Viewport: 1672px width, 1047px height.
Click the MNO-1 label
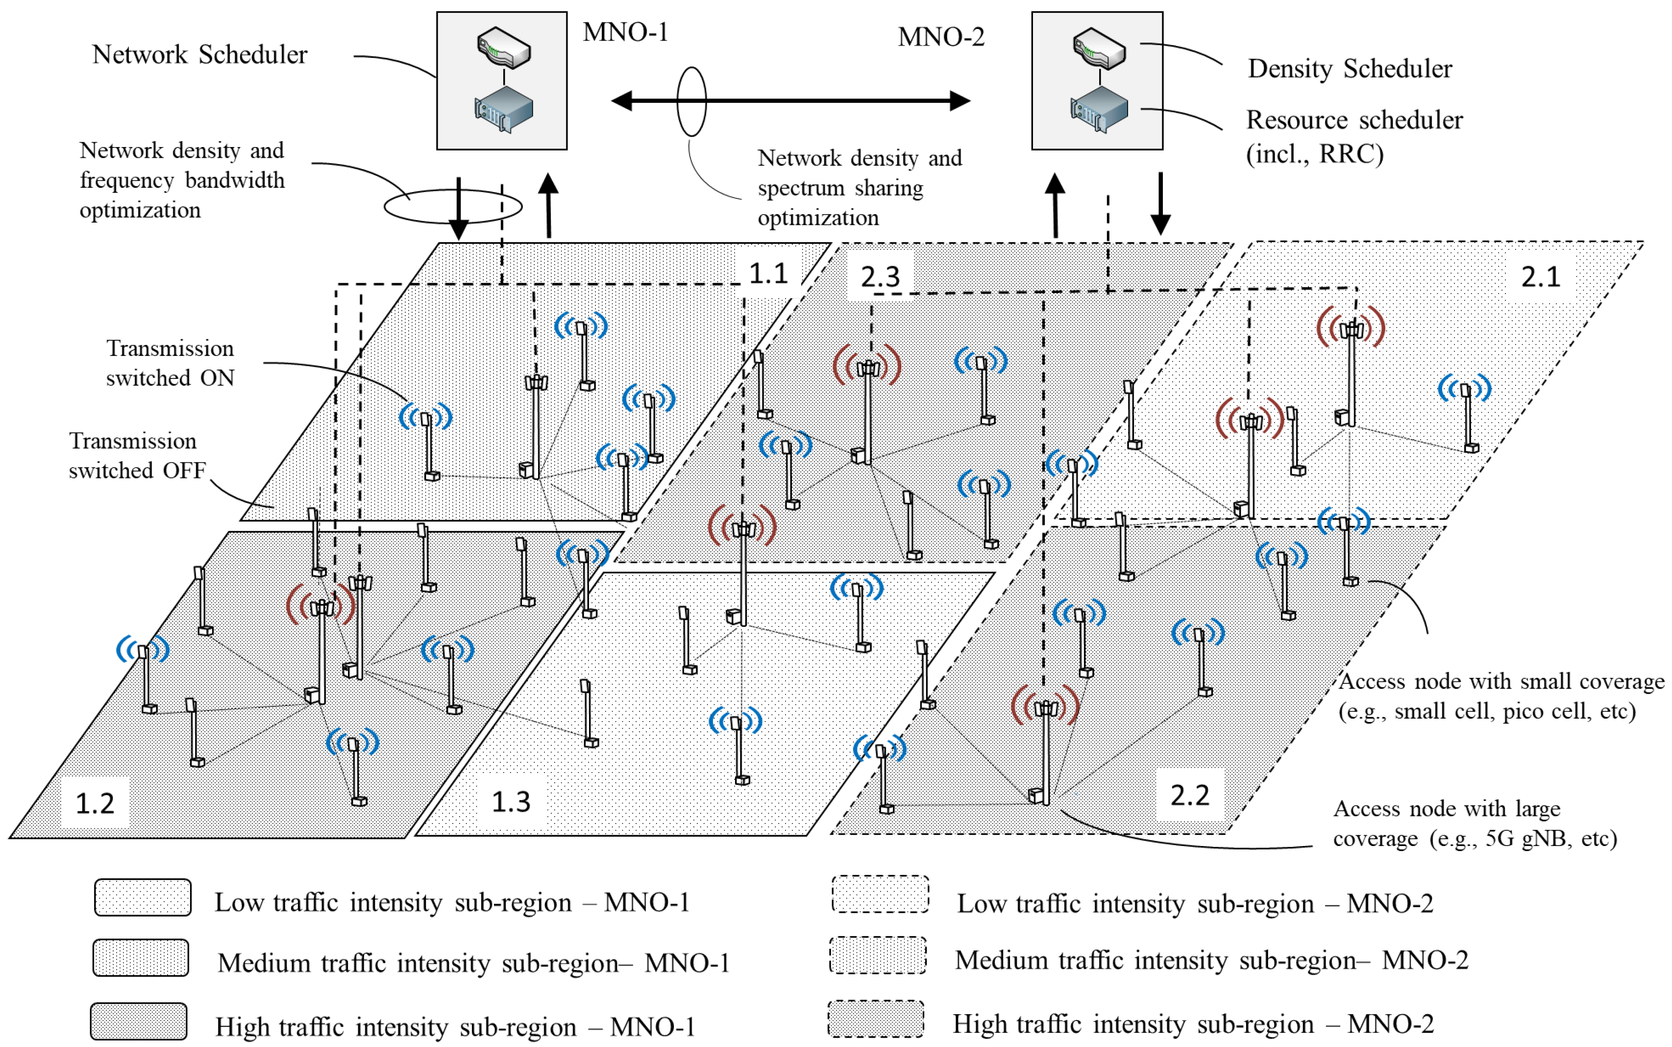point(625,32)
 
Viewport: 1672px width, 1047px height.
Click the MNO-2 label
point(940,37)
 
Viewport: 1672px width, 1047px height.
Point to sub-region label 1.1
point(768,274)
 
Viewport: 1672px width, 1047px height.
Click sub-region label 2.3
point(880,277)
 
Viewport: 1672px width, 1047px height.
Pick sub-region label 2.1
point(1541,277)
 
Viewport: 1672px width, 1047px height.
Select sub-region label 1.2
point(94,803)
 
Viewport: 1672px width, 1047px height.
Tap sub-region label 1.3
point(511,802)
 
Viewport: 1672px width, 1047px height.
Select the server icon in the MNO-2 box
point(1099,109)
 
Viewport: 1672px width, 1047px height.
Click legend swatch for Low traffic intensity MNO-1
point(143,897)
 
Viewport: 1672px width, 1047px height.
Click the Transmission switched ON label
point(170,363)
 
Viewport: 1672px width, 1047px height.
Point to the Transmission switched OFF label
point(136,456)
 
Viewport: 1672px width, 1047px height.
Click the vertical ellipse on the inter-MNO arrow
point(691,101)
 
